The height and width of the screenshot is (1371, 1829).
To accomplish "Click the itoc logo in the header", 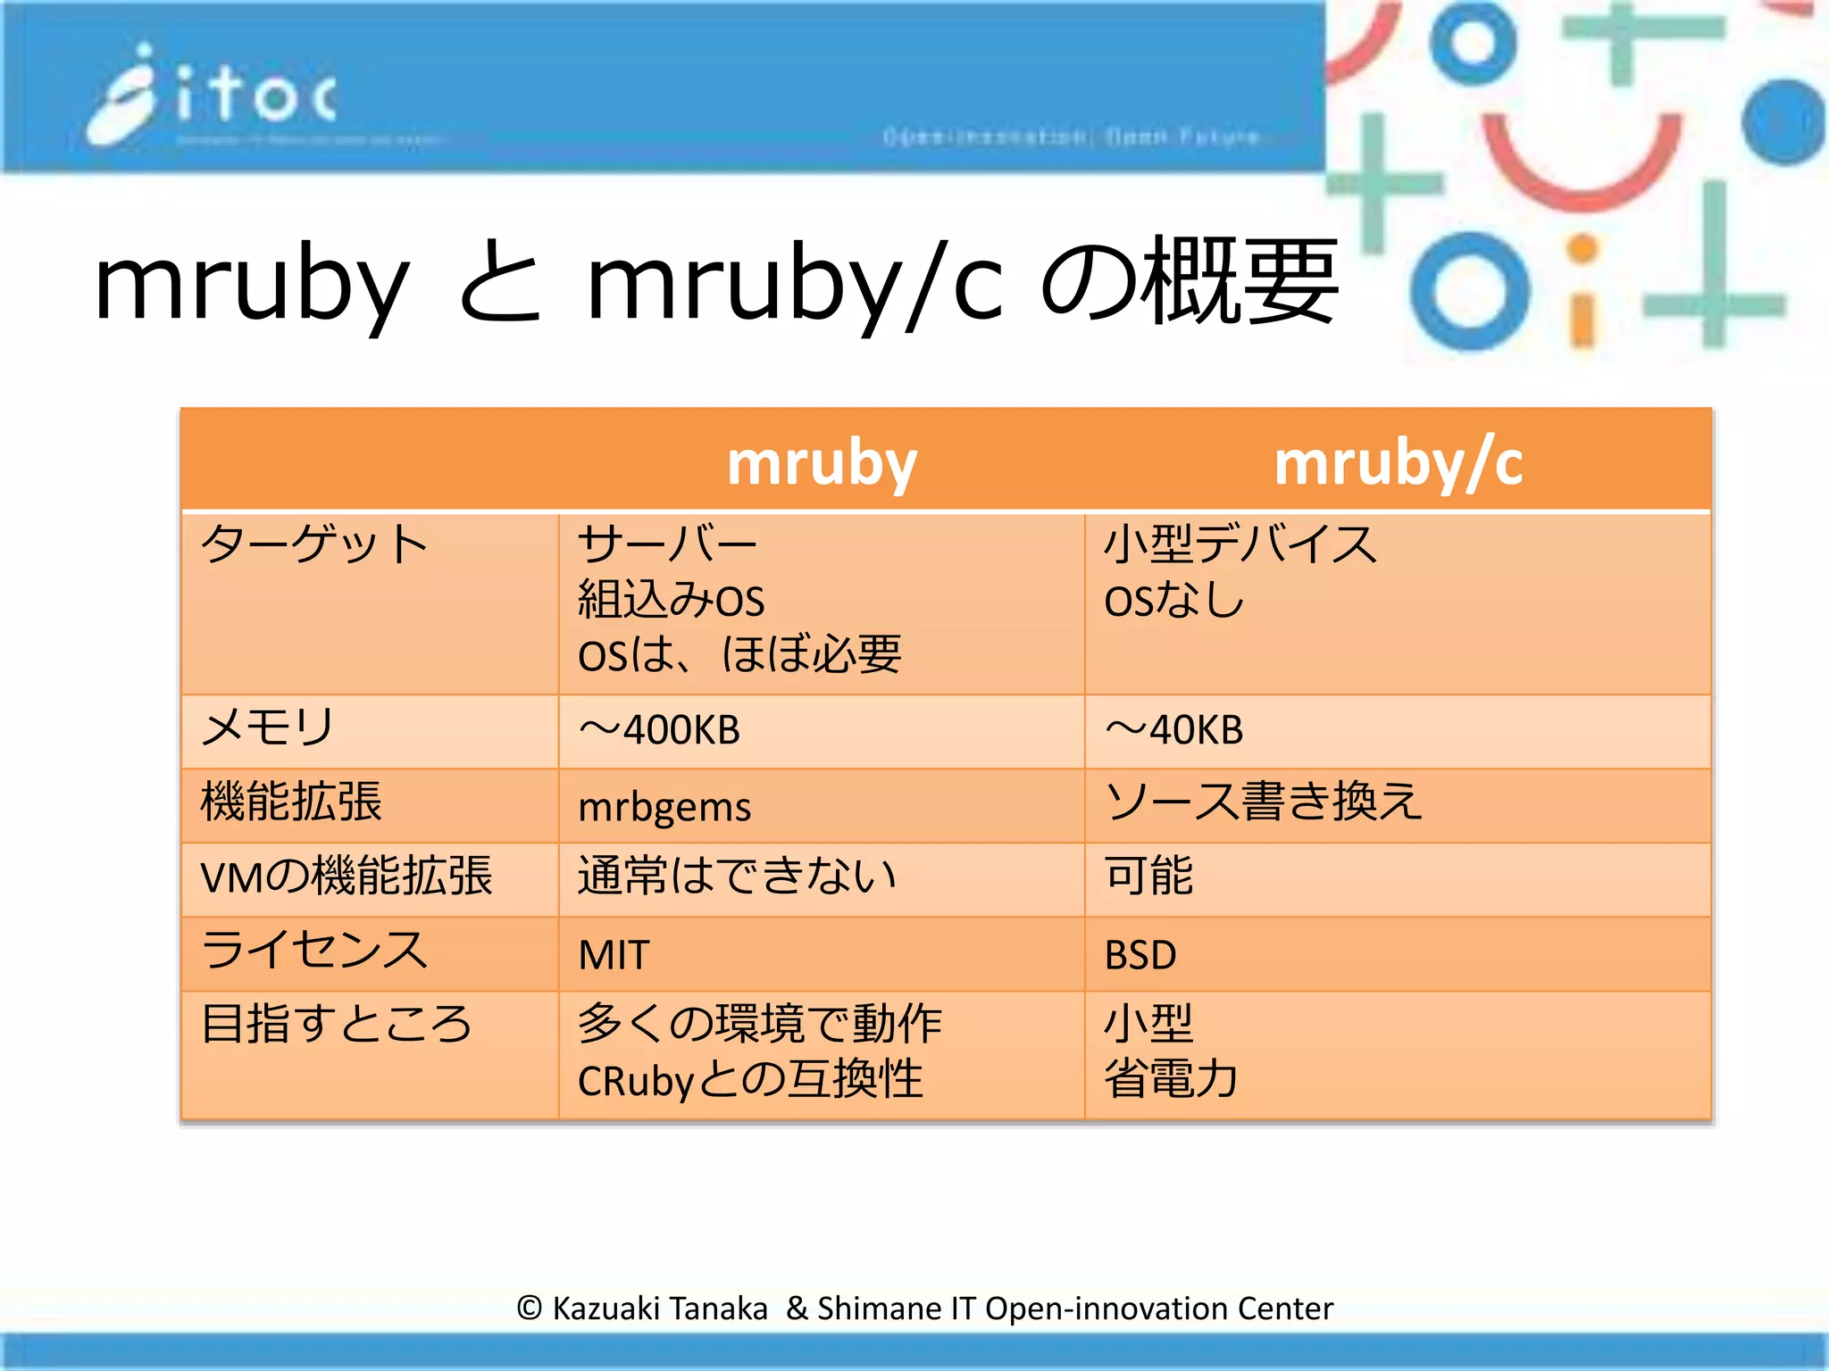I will (214, 94).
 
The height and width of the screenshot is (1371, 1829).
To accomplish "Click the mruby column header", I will (822, 462).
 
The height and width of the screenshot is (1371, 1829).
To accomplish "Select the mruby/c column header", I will (1398, 462).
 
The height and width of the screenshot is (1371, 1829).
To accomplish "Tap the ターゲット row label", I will (314, 544).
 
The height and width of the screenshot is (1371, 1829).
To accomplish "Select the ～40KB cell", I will (1174, 730).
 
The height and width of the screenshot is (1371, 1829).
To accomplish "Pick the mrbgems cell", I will (664, 806).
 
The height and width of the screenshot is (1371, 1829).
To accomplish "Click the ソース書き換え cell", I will (1263, 801).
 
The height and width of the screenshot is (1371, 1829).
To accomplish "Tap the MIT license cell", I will (614, 954).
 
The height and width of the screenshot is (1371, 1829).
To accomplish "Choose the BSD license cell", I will (1140, 954).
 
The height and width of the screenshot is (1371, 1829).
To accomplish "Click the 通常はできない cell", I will (737, 876).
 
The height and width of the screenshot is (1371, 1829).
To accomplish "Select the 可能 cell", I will (1148, 876).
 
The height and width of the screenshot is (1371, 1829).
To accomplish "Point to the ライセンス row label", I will (314, 950).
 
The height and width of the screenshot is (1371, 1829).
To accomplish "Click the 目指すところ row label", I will (337, 1024).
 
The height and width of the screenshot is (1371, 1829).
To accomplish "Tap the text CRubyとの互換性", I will (750, 1080).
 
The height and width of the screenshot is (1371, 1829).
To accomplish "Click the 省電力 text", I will (1172, 1078).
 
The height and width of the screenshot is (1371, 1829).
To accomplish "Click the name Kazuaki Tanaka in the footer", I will (660, 1309).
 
